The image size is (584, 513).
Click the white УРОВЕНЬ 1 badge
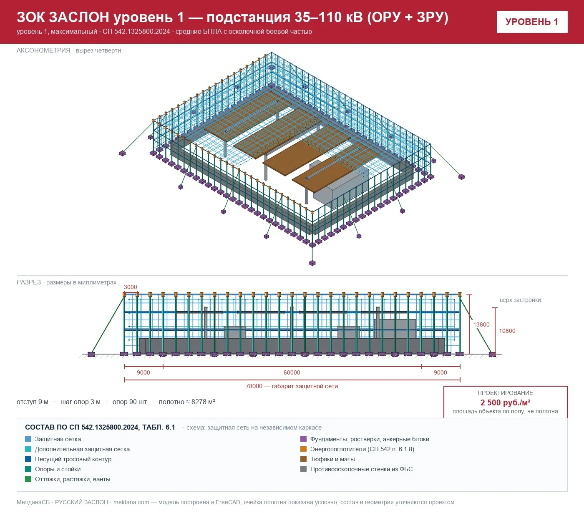[532, 22]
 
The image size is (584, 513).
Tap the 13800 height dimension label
[481, 324]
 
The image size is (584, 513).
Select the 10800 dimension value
[507, 331]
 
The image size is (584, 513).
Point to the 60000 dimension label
[292, 372]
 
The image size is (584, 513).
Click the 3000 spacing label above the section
[130, 287]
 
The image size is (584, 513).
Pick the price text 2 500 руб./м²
[505, 402]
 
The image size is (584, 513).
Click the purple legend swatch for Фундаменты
[303, 439]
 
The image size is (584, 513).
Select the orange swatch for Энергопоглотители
[303, 449]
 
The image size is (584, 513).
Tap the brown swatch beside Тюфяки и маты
[303, 459]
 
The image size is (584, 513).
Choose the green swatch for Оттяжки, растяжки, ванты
[28, 479]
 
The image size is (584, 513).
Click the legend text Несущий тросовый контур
[73, 459]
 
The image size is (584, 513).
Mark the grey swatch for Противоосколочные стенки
[303, 469]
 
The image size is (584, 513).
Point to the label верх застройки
[520, 300]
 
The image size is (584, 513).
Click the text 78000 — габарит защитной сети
[292, 386]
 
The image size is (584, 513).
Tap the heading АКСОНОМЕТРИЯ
[43, 50]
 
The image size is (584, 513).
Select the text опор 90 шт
[130, 402]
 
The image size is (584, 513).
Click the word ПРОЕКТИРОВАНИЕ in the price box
[505, 393]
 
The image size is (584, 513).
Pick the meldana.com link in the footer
[131, 502]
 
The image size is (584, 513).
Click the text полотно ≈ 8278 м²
[187, 402]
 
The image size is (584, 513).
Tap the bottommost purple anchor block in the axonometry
[312, 263]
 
